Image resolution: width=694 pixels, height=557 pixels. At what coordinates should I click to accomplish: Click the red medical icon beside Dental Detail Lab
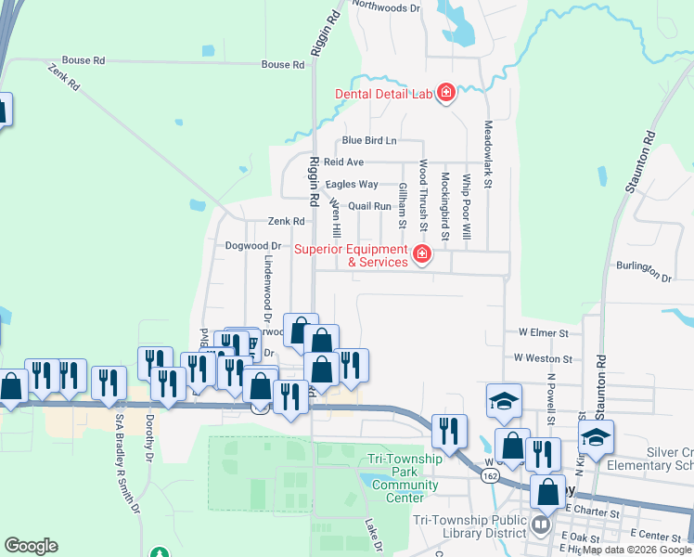(x=446, y=94)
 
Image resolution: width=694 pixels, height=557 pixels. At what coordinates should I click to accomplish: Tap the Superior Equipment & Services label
(x=351, y=255)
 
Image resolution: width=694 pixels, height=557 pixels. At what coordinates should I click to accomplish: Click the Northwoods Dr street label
(x=388, y=6)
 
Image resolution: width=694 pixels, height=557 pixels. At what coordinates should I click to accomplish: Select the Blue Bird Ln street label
(x=368, y=141)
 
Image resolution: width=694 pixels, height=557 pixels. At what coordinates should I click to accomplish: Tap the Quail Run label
(x=369, y=206)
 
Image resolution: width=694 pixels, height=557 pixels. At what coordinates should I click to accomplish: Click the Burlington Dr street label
(x=643, y=270)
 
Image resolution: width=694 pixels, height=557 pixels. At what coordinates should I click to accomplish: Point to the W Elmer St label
(x=542, y=331)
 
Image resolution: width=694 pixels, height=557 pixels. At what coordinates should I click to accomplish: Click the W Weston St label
(x=545, y=357)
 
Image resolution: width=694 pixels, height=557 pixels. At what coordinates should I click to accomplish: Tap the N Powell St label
(x=550, y=400)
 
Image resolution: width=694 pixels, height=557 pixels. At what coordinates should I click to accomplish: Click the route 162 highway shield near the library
(x=488, y=474)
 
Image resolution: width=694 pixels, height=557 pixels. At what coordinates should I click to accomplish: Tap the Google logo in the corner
(x=31, y=546)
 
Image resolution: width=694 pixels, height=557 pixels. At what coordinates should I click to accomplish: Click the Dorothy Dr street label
(x=148, y=438)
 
